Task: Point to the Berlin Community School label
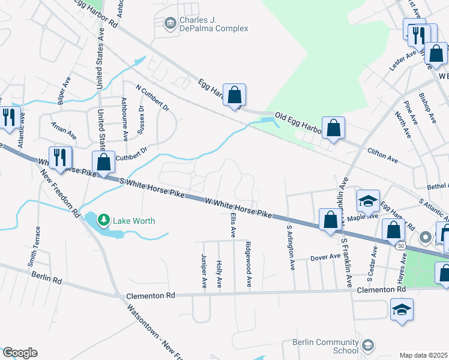(x=325, y=346)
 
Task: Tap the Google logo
(x=20, y=353)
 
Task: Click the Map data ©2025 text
(x=424, y=355)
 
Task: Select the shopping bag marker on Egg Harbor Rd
(x=234, y=95)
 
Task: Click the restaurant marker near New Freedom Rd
(x=60, y=157)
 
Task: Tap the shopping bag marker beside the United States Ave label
(x=104, y=163)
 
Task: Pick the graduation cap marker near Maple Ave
(x=368, y=200)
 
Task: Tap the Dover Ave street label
(x=325, y=258)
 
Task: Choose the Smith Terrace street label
(x=38, y=246)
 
